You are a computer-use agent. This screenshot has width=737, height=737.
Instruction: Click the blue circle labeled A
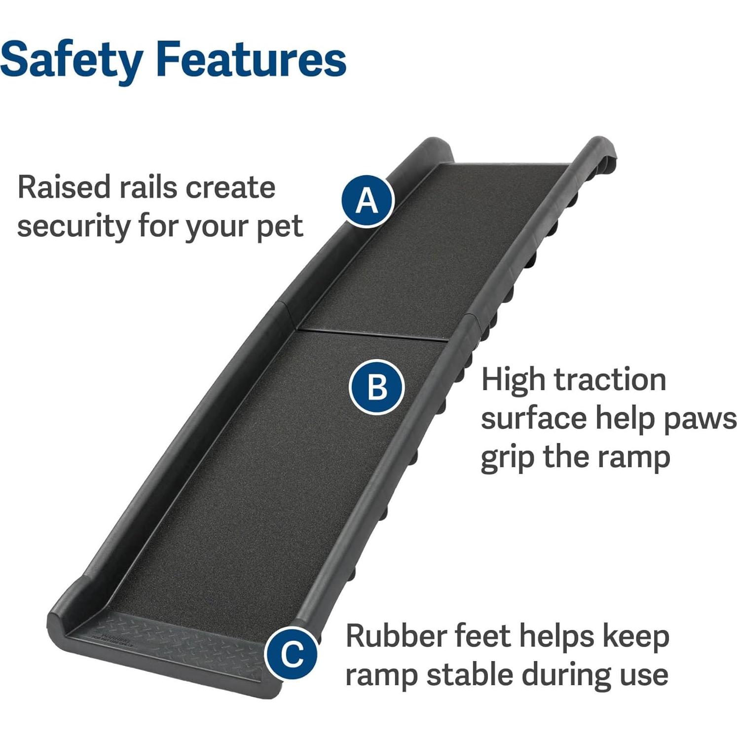click(x=367, y=201)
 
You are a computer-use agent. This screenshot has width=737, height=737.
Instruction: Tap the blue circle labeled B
click(x=377, y=387)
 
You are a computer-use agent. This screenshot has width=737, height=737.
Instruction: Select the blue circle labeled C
click(x=292, y=653)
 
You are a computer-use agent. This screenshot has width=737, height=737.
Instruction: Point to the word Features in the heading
click(x=252, y=59)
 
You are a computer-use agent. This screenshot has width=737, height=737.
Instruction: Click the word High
click(x=513, y=380)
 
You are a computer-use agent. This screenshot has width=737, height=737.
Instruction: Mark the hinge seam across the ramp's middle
click(x=372, y=333)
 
